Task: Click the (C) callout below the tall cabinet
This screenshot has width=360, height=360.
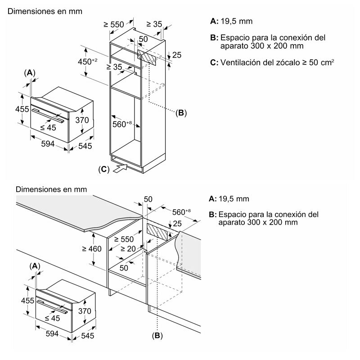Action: [103, 169]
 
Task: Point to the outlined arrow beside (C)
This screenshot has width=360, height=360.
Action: [121, 169]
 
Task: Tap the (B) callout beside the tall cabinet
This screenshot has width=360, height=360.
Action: [180, 113]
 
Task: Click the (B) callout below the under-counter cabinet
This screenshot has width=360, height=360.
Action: [157, 335]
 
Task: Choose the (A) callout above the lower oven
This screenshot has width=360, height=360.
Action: [36, 266]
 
